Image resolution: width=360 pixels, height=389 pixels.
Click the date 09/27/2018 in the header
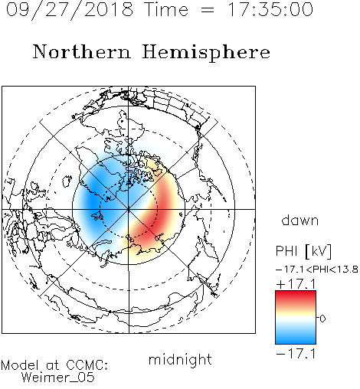pyautogui.click(x=70, y=10)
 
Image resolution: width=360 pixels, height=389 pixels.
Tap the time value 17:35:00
pyautogui.click(x=270, y=9)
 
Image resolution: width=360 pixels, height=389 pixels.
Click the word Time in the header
pyautogui.click(x=166, y=9)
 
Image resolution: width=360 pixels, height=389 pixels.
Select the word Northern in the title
pyautogui.click(x=82, y=51)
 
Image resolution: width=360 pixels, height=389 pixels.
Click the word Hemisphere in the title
pyautogui.click(x=206, y=53)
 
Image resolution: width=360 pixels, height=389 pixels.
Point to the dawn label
pyautogui.click(x=300, y=220)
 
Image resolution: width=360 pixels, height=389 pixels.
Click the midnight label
pyautogui.click(x=180, y=359)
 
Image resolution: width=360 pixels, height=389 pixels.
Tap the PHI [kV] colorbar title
pyautogui.click(x=303, y=251)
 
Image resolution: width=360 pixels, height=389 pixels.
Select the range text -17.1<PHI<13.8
pyautogui.click(x=317, y=270)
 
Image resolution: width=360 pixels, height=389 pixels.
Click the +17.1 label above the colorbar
pyautogui.click(x=296, y=284)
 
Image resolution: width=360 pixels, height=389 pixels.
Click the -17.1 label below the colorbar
pyautogui.click(x=296, y=354)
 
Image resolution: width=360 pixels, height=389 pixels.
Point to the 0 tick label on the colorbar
pyautogui.click(x=322, y=319)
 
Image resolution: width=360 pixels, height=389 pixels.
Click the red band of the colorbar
pyautogui.click(x=296, y=298)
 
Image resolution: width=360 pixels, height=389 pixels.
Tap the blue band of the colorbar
pyautogui.click(x=296, y=336)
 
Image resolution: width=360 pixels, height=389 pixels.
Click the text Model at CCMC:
pyautogui.click(x=54, y=365)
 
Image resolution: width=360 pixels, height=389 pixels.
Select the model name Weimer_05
pyautogui.click(x=57, y=378)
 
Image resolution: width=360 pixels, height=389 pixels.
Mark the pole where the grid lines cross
pyautogui.click(x=129, y=209)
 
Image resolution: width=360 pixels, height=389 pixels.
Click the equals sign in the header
pyautogui.click(x=208, y=10)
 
